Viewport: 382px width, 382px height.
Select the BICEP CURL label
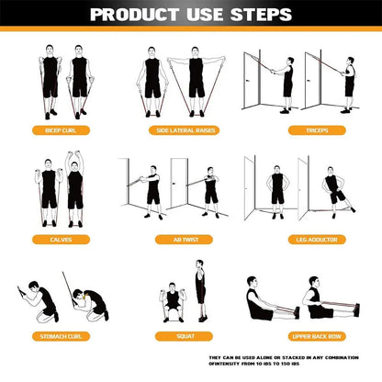(x=62, y=130)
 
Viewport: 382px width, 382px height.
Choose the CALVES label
(x=62, y=239)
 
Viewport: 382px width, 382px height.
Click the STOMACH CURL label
(x=62, y=336)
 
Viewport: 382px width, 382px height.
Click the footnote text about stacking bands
(x=292, y=361)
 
